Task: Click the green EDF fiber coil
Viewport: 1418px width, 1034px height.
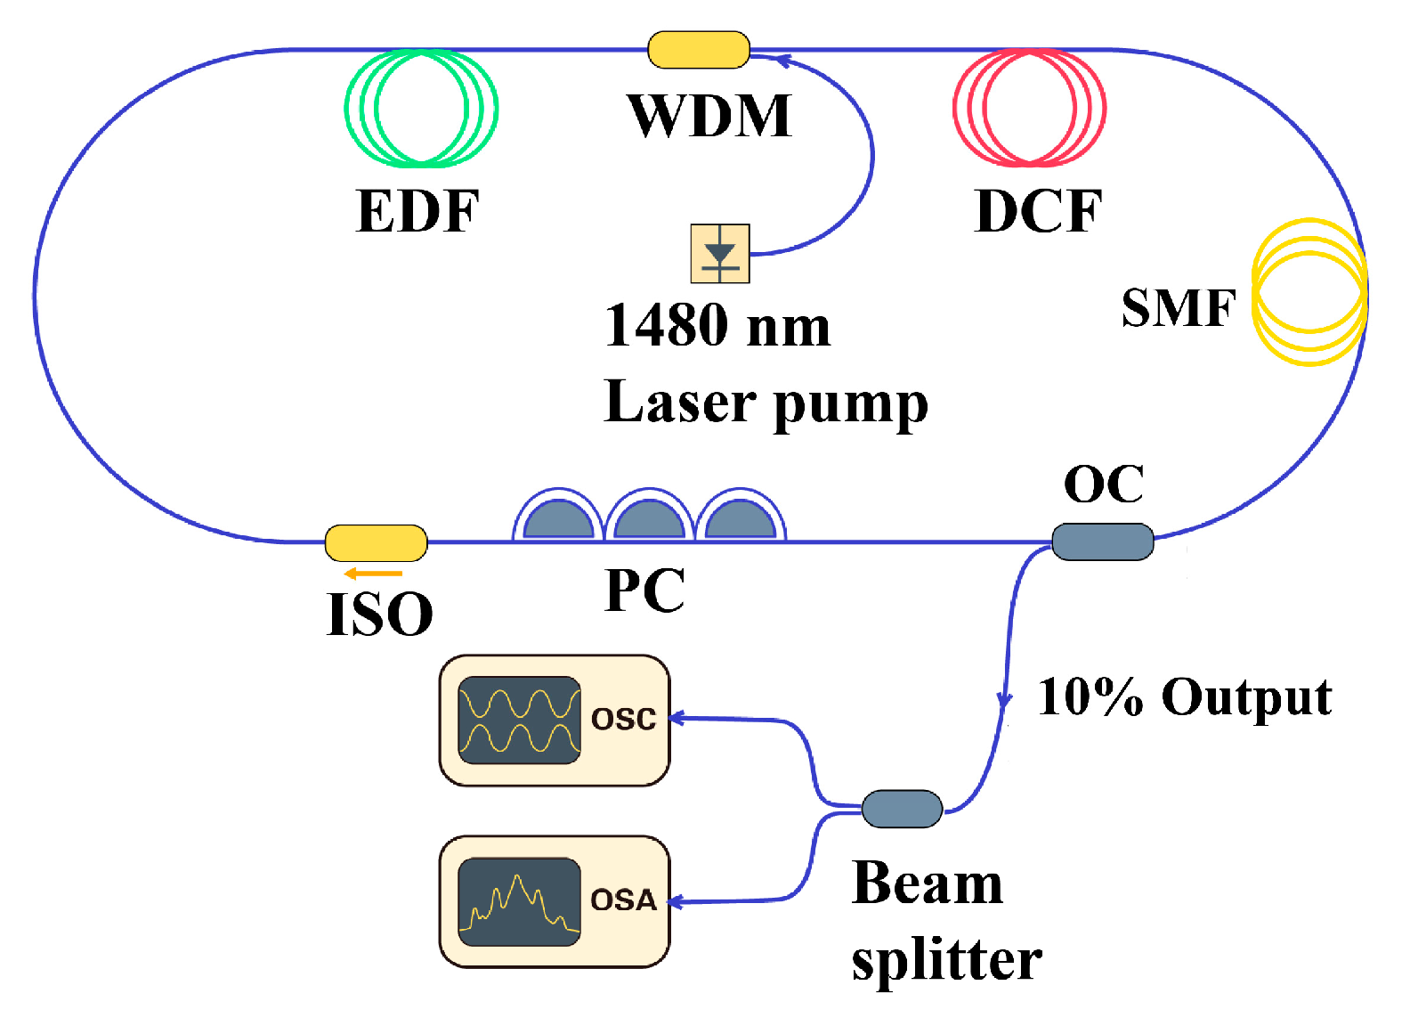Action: (421, 109)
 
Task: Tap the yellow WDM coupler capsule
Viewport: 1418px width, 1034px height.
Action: (699, 50)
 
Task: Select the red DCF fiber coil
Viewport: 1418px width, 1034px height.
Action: (1029, 109)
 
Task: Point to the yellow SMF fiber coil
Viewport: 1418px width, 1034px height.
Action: (1309, 292)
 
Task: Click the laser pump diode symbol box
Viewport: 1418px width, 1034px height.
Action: (720, 254)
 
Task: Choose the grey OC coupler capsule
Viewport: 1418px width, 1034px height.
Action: (1102, 541)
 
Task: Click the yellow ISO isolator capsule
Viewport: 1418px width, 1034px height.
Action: (376, 542)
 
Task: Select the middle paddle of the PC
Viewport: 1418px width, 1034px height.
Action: (650, 518)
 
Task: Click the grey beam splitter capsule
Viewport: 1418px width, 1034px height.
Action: (902, 809)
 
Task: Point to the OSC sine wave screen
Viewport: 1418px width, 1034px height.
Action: (519, 721)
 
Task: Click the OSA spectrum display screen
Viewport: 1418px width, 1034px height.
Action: (519, 901)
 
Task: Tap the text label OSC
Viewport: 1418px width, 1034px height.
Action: (623, 720)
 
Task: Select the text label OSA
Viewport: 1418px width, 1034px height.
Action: (623, 900)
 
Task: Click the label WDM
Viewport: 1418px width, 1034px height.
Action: (709, 116)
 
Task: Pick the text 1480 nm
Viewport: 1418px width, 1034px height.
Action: (717, 326)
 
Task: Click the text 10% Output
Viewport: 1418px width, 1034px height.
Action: (1185, 696)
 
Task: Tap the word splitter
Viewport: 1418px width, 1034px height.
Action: (946, 961)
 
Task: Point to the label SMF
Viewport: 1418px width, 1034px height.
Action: (1179, 308)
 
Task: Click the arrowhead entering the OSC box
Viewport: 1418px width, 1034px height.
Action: (676, 718)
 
